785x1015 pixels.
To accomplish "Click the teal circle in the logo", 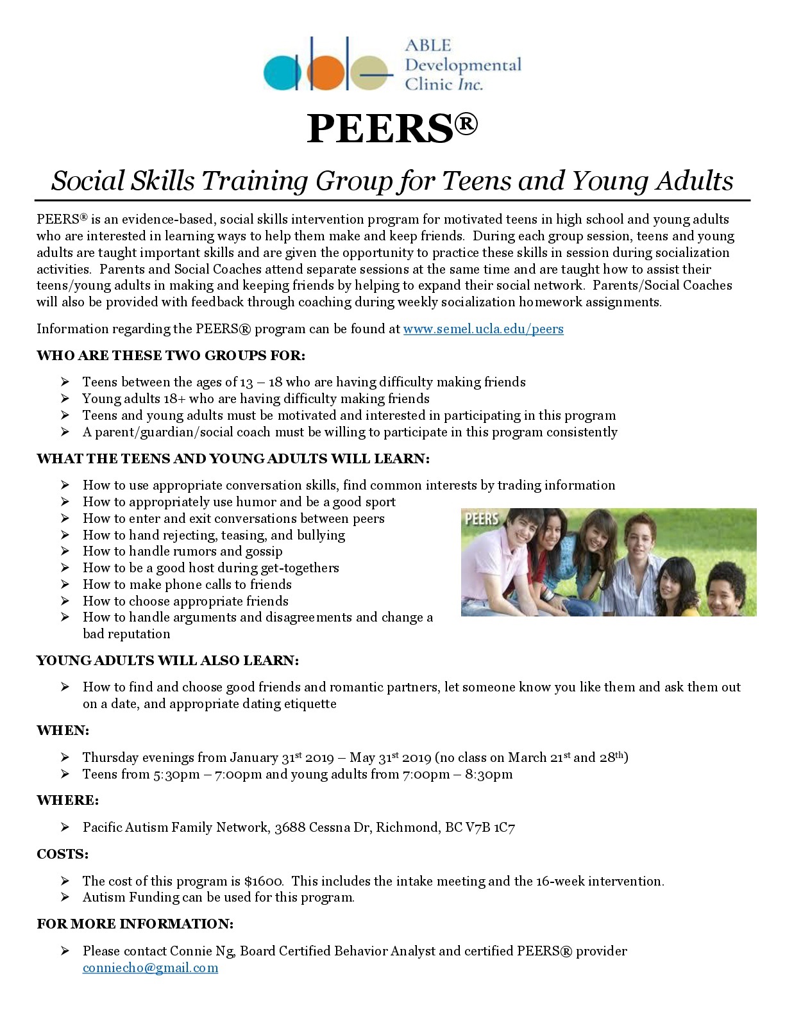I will click(282, 72).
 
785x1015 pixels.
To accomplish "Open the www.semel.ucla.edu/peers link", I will click(483, 329).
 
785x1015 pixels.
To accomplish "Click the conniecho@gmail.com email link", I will click(150, 968).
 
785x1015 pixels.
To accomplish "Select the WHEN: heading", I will click(63, 730).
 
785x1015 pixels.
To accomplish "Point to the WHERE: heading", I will click(68, 800).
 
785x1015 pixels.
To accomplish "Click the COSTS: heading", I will click(62, 854).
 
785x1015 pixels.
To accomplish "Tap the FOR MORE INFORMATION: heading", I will click(135, 924).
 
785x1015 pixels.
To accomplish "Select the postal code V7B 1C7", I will click(490, 827).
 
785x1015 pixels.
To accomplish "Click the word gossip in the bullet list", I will click(262, 552).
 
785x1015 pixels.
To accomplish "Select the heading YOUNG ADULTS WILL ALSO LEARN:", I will click(167, 661).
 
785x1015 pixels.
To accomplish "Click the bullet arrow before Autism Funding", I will click(65, 897).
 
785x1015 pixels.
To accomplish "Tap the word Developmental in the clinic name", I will click(463, 65).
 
